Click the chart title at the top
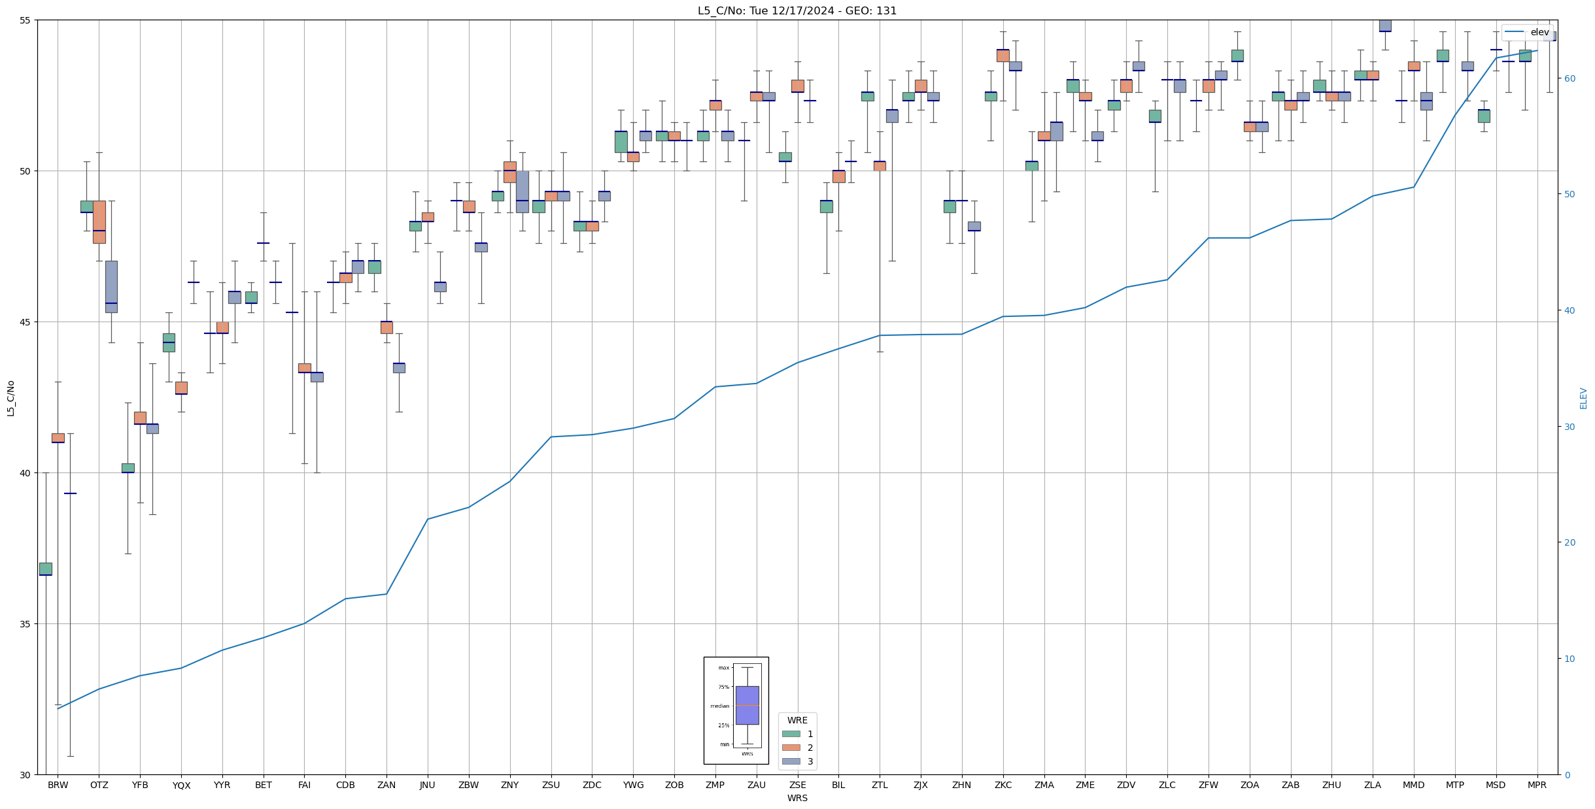click(797, 10)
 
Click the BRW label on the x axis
click(58, 785)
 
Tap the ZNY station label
click(509, 785)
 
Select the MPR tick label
click(1536, 785)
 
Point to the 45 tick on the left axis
click(26, 322)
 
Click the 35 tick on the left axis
click(26, 624)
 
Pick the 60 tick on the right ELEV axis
click(1569, 78)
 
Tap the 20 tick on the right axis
click(1569, 542)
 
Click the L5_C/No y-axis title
click(10, 397)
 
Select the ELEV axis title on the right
click(1583, 398)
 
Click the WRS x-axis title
click(797, 798)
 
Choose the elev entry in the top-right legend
click(1539, 32)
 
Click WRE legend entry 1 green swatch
click(791, 734)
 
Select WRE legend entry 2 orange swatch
click(791, 748)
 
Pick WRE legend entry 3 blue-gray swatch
click(791, 761)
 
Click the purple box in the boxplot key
click(747, 705)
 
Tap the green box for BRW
click(46, 569)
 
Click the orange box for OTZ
click(99, 222)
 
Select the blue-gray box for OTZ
click(111, 286)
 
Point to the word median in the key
click(719, 706)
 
